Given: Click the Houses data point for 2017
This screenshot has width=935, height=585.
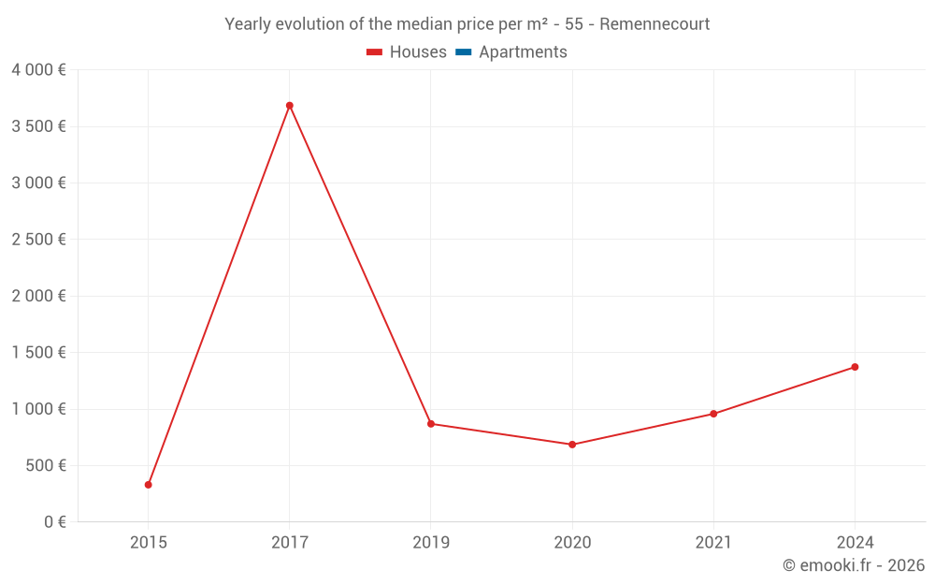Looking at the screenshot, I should point(290,106).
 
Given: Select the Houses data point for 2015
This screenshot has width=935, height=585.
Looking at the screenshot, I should point(149,485).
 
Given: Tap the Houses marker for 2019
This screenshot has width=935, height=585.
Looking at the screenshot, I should point(431,424).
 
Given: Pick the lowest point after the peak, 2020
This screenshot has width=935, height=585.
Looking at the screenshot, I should point(572,445).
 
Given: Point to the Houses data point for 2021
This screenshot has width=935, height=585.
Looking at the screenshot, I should point(713,414).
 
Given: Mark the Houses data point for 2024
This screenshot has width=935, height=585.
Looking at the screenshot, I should point(855,367).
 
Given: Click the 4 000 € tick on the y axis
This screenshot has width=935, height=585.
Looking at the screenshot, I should point(38,70).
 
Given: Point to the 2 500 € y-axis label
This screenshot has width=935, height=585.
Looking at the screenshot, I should point(38,240).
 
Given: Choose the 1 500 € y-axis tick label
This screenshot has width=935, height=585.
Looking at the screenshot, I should point(38,353).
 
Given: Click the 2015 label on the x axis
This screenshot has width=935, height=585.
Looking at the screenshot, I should point(149,543).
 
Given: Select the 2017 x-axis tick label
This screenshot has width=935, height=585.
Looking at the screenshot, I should point(290,543).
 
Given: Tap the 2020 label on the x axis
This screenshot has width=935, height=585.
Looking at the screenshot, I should point(572,543).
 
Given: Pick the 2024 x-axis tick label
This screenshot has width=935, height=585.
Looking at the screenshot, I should point(855,543).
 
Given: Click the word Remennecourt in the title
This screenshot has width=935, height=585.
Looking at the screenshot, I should point(654,24).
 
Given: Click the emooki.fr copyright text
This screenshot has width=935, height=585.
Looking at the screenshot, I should point(854,565).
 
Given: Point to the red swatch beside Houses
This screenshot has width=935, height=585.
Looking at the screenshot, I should point(375,52).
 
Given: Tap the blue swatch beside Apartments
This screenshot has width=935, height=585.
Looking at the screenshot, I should point(464,52).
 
